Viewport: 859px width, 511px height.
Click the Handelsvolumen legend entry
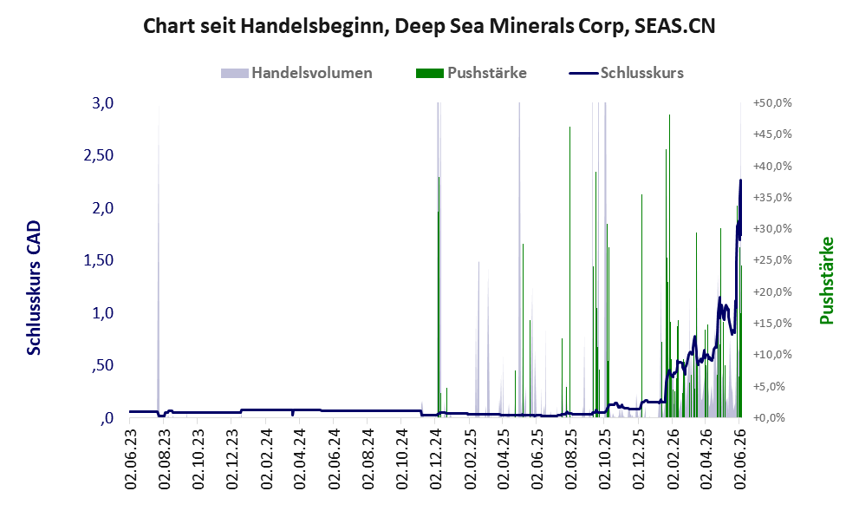tap(296, 73)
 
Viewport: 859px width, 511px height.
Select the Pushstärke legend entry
tap(472, 73)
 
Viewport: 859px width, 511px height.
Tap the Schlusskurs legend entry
tap(626, 73)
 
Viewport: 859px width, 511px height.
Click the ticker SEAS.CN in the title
tap(674, 26)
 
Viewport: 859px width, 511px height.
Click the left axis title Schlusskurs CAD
tap(34, 287)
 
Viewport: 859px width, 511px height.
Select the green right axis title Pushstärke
tap(826, 280)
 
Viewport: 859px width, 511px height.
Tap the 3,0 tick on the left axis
tap(102, 103)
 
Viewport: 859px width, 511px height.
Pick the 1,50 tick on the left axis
tap(98, 260)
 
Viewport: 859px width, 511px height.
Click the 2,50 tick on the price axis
tap(98, 155)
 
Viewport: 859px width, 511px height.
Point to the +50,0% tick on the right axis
tap(772, 103)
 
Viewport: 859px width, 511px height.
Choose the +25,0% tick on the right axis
tap(772, 260)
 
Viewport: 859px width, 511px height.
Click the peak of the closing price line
tap(740, 180)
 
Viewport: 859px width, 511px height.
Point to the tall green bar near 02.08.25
tap(569, 272)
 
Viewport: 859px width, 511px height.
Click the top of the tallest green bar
tap(669, 115)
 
